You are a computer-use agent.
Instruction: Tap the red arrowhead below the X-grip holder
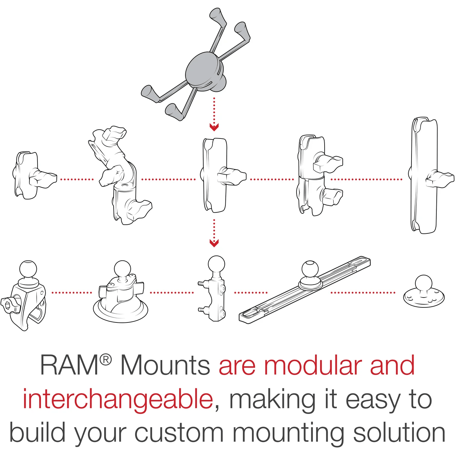(214, 127)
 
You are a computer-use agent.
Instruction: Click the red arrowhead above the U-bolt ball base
(214, 243)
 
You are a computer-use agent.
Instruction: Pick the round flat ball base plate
(424, 293)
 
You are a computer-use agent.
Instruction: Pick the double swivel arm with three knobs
(117, 175)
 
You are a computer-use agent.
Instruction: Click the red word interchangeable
(118, 399)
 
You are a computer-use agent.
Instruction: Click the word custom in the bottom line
(179, 433)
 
